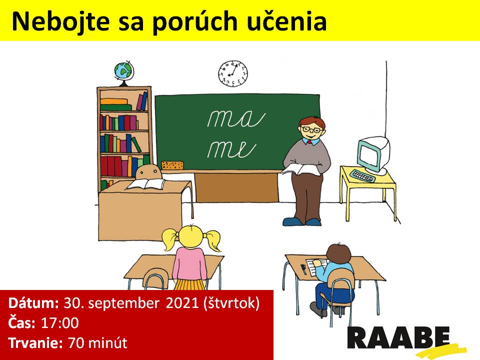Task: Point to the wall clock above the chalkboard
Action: pyautogui.click(x=232, y=73)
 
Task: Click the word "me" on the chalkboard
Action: pyautogui.click(x=231, y=149)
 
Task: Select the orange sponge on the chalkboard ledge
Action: pyautogui.click(x=172, y=165)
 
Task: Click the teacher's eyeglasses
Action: pyautogui.click(x=311, y=129)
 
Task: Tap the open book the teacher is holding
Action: pyautogui.click(x=301, y=169)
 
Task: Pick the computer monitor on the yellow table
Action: pyautogui.click(x=374, y=153)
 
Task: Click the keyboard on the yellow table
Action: pyautogui.click(x=363, y=175)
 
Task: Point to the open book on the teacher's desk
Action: pyautogui.click(x=145, y=184)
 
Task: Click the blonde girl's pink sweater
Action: pyautogui.click(x=190, y=264)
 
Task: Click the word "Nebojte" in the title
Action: pyautogui.click(x=60, y=21)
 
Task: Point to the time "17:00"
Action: pyautogui.click(x=60, y=322)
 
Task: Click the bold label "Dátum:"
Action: pyautogui.click(x=33, y=303)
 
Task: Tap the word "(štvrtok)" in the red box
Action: pyautogui.click(x=231, y=303)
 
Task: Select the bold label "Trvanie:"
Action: pyautogui.click(x=35, y=342)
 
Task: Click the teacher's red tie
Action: pyautogui.click(x=310, y=142)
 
